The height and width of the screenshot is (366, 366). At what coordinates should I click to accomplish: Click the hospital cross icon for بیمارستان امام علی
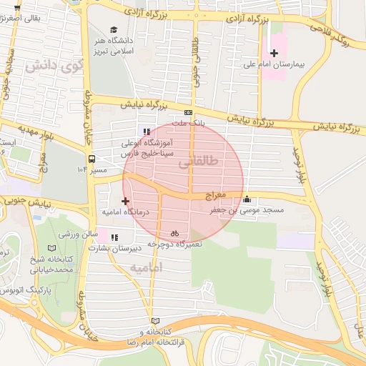274,54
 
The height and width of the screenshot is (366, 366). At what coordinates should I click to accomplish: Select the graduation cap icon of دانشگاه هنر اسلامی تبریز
114,29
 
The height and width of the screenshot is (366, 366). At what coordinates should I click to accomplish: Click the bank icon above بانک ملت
188,112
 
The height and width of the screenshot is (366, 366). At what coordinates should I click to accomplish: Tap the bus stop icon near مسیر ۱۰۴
91,159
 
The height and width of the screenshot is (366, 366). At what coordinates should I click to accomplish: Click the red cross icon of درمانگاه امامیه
126,201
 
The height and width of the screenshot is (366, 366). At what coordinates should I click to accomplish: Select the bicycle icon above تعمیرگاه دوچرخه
174,233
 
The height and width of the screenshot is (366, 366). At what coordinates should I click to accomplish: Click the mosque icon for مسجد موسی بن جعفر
247,199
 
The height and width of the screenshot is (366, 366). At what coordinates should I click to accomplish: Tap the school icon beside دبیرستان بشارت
114,237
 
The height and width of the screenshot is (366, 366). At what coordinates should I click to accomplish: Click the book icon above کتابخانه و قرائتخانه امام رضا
155,321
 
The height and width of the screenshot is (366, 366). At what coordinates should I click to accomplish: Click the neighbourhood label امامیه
147,267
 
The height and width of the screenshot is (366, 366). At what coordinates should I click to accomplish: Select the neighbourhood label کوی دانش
51,67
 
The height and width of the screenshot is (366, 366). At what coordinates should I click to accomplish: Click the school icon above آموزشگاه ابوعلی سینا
147,132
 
